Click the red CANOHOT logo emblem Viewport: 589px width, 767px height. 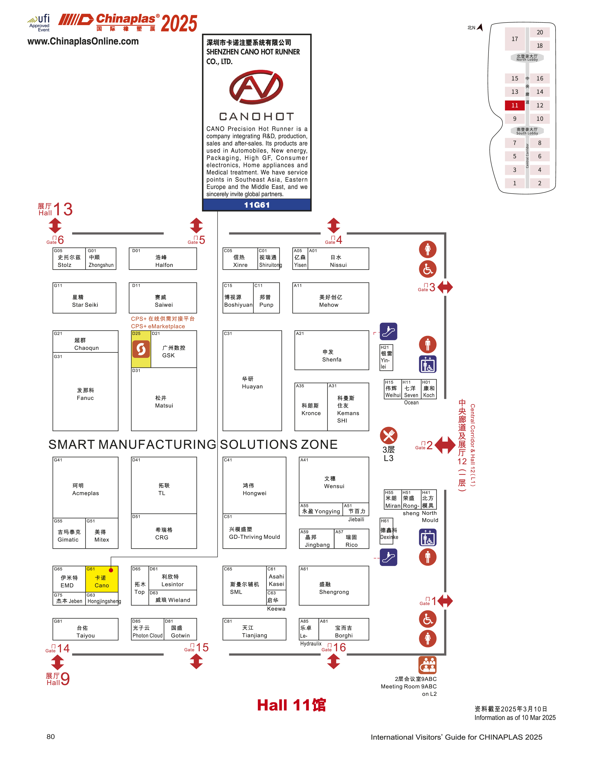256,87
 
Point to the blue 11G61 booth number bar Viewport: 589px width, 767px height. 257,205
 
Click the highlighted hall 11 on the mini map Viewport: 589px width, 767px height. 514,105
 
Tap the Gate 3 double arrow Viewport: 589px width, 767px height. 445,287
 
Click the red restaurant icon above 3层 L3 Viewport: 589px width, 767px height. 389,435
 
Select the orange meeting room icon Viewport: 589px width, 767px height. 427,665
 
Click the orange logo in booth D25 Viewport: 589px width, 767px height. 141,349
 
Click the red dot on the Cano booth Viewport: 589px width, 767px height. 111,570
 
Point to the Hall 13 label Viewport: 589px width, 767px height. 55,209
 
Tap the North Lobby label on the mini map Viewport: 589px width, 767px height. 527,58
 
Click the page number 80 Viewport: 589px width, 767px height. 51,737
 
